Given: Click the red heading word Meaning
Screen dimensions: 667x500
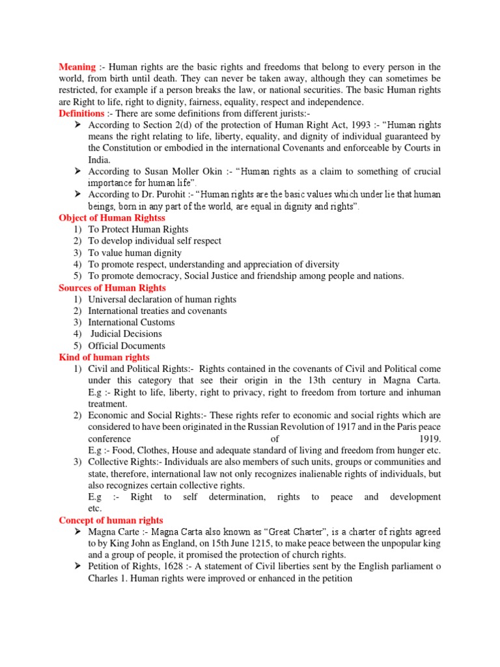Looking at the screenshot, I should [x=77, y=67].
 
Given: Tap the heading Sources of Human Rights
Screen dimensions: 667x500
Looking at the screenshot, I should [x=112, y=287].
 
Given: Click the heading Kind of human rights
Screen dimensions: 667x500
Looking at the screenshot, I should [x=104, y=357].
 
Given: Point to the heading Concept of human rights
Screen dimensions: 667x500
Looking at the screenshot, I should [x=111, y=520].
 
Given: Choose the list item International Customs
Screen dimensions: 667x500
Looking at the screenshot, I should [x=132, y=322].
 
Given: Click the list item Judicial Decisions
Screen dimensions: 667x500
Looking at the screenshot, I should [x=126, y=334].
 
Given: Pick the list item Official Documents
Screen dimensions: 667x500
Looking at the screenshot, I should [x=127, y=346].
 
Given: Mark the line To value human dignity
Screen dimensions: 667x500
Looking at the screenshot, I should [x=135, y=253].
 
